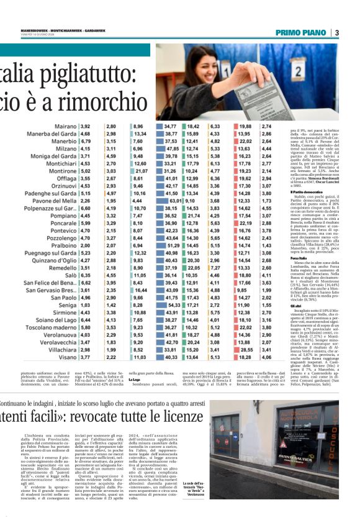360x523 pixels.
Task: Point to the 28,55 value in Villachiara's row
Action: point(245,349)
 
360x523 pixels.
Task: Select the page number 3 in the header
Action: point(336,32)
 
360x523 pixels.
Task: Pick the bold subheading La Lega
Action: point(135,379)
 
